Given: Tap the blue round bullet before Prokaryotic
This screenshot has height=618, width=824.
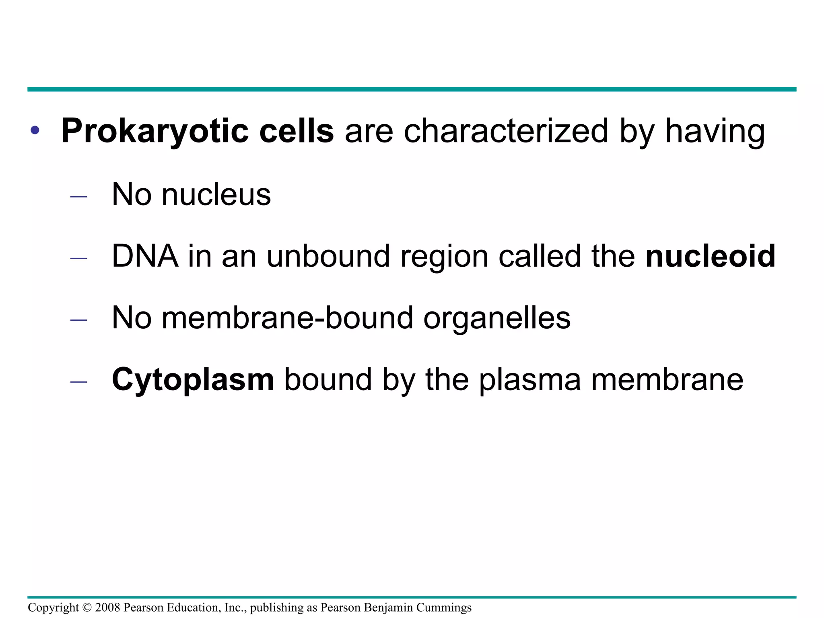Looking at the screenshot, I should [x=35, y=130].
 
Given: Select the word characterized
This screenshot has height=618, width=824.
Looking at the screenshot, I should [x=506, y=131].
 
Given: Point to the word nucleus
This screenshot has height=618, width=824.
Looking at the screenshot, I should [x=216, y=195].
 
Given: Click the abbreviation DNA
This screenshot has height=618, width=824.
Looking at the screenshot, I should [x=145, y=256].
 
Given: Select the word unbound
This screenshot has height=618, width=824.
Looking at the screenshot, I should [x=328, y=256].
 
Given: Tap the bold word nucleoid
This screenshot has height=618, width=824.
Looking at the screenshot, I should [x=710, y=256].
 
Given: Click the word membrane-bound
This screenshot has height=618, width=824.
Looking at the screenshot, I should [x=287, y=318].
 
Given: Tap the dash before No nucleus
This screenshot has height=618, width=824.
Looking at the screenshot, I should [x=78, y=197].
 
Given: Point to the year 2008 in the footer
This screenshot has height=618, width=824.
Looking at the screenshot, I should [x=107, y=608].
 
